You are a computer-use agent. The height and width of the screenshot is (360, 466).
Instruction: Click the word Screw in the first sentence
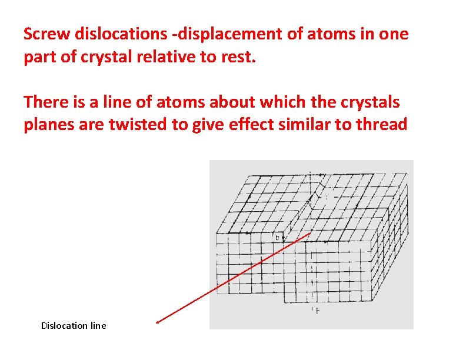pos(46,34)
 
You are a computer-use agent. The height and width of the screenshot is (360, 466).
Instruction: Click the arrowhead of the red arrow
pos(158,322)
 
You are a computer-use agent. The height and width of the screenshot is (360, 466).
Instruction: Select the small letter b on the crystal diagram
pos(278,238)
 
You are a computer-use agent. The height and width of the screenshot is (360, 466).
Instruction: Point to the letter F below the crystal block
pos(318,310)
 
